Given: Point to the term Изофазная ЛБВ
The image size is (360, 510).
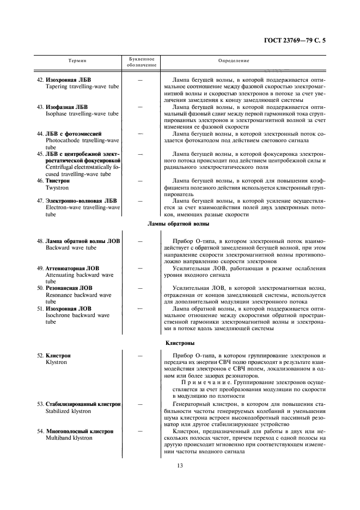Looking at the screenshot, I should (x=66, y=107).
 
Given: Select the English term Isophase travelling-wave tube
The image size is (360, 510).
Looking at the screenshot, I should (x=82, y=114).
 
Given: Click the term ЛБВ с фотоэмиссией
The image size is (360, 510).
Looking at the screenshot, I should (x=74, y=133).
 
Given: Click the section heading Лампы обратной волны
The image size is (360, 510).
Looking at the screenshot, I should (x=179, y=224).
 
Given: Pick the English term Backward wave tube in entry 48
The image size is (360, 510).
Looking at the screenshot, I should (x=71, y=247).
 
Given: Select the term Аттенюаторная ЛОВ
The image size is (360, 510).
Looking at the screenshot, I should (x=72, y=268).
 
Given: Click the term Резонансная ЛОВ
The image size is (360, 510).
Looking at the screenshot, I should (x=69, y=288).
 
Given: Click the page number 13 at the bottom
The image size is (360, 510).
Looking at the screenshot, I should (x=179, y=465).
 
